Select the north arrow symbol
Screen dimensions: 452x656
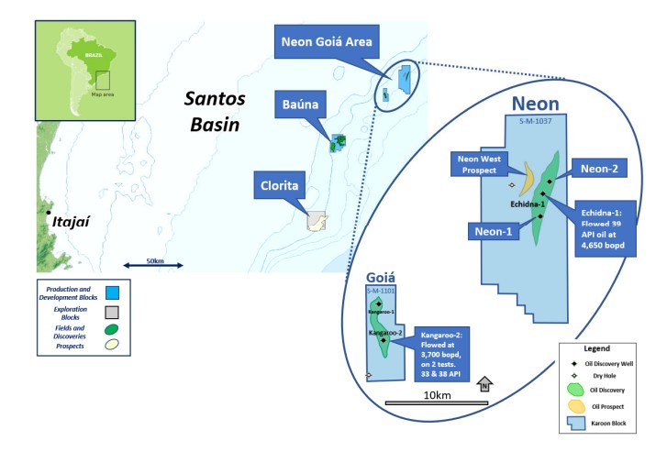pos(485,384)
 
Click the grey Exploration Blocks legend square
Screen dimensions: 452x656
pos(110,309)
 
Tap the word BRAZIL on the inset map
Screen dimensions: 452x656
pos(93,53)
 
